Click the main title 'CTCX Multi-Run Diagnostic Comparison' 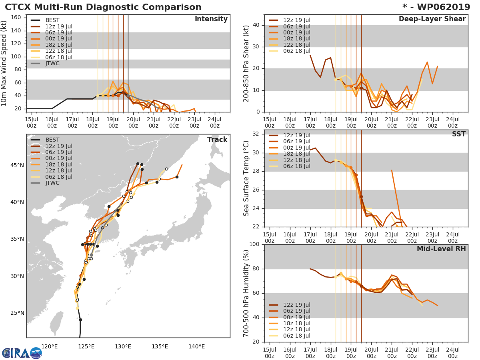click(x=103, y=7)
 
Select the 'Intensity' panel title click(x=211, y=19)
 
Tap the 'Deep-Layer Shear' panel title click(x=432, y=19)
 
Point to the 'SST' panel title click(x=458, y=134)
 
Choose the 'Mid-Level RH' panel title click(x=441, y=249)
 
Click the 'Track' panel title click(x=217, y=140)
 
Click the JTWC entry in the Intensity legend click(x=53, y=63)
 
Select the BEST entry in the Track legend click(x=52, y=140)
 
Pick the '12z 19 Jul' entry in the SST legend click(x=297, y=135)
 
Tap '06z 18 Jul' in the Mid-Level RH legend click(x=297, y=336)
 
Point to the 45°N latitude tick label click(x=17, y=165)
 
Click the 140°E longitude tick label click(x=196, y=347)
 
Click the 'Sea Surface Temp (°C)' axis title click(x=246, y=178)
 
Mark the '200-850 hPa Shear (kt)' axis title click(x=246, y=63)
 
